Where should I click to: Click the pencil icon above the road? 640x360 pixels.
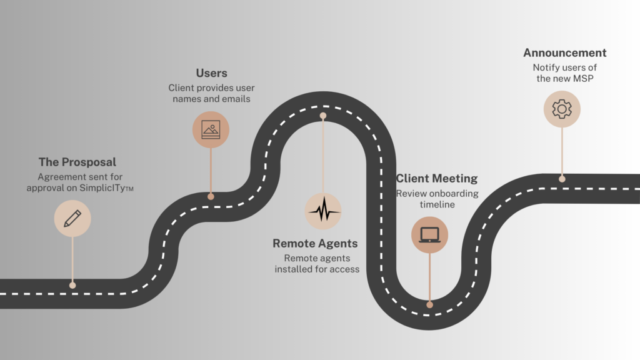tap(72, 218)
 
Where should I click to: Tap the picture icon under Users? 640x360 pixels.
tap(211, 130)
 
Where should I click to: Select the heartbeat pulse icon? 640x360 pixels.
tap(323, 210)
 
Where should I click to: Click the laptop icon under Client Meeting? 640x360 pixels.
tap(429, 235)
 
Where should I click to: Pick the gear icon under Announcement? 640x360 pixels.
tap(562, 109)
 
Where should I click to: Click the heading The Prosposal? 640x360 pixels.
tap(77, 162)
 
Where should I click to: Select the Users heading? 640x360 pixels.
tap(211, 73)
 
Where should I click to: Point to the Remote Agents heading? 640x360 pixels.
tap(315, 243)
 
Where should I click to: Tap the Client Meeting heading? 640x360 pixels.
tap(437, 178)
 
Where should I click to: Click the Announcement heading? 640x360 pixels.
tap(565, 52)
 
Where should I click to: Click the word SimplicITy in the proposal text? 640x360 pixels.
tap(102, 187)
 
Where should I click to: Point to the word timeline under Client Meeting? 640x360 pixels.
tap(437, 204)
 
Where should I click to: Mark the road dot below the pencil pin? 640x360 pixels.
tap(72, 285)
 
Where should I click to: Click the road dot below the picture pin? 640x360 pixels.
tap(211, 196)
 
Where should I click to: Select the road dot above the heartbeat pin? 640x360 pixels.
tap(323, 116)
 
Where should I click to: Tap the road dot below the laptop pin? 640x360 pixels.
tap(429, 304)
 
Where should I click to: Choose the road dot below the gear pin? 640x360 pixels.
tap(562, 179)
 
